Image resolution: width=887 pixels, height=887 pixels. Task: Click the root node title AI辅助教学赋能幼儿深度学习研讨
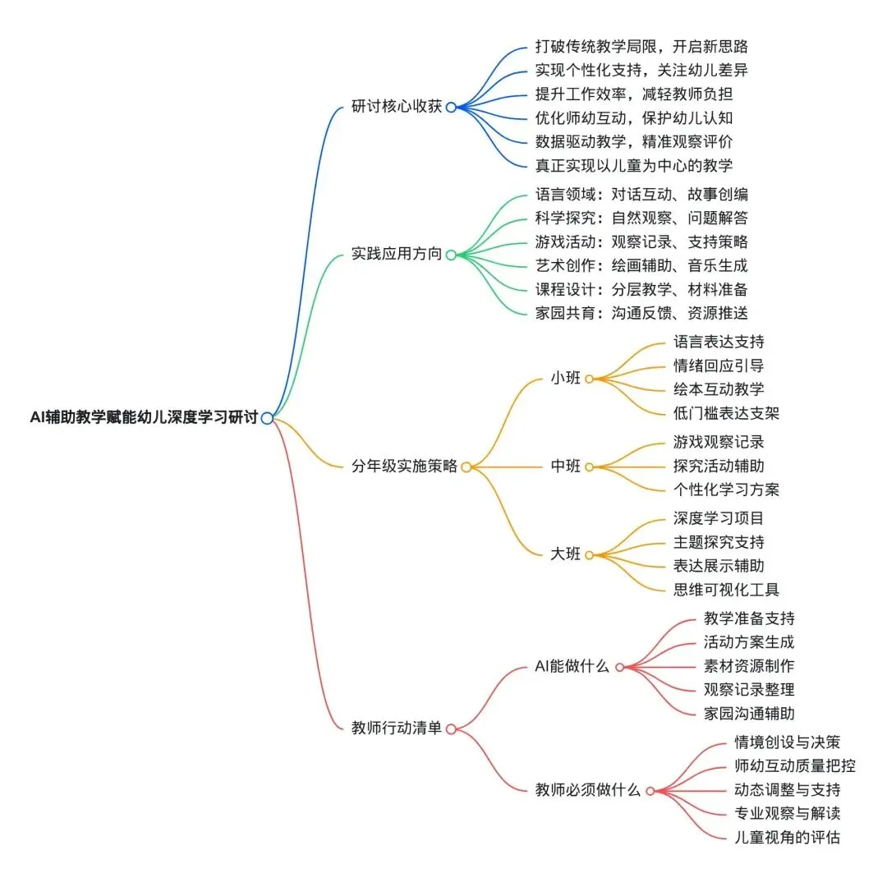coord(144,418)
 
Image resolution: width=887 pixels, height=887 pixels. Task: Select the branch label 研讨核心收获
coord(397,107)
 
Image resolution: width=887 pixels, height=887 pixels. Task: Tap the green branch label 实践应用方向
coord(397,255)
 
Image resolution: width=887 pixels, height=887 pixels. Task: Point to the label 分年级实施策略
coord(404,466)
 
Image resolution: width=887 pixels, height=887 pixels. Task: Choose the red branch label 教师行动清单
coord(397,728)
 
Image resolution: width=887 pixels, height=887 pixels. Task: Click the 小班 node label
coord(565,379)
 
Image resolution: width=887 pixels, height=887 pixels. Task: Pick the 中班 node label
coord(565,466)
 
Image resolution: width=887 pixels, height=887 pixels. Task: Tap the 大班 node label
coord(565,554)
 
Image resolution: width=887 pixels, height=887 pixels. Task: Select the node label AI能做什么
coord(572,666)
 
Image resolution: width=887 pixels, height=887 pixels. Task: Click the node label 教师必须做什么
coord(587,790)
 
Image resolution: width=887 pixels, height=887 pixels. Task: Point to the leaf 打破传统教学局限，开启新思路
coord(641,47)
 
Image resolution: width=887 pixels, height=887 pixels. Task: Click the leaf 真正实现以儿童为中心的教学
coord(633,165)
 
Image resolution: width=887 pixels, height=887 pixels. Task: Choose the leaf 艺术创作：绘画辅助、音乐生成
coord(641,266)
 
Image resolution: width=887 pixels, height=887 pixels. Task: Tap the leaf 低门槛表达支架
coord(726,412)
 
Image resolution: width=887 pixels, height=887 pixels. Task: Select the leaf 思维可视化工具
coord(726,590)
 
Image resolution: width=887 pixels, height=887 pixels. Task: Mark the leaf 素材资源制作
coord(749,666)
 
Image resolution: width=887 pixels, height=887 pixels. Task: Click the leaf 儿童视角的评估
coord(787,838)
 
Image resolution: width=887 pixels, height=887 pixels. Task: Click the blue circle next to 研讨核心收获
coord(450,107)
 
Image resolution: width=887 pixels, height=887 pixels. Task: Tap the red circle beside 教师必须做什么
coord(650,791)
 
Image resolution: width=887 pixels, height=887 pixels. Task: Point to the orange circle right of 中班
coord(589,466)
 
